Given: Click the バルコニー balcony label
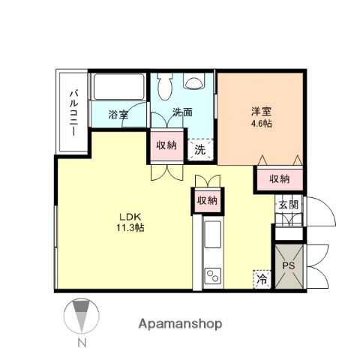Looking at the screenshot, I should [x=74, y=112].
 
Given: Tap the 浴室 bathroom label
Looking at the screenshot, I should [x=118, y=115].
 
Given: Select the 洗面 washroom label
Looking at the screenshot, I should [x=182, y=113].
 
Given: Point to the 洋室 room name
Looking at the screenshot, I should [x=260, y=112].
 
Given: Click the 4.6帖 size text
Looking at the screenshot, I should [x=260, y=123].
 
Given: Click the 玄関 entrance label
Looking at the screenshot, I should [x=288, y=204].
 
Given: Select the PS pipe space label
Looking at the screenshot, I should [x=288, y=266].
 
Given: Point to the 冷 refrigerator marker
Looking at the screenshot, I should [x=262, y=277].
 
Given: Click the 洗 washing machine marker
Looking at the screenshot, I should [x=199, y=148].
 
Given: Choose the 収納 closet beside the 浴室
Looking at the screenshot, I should [x=166, y=145].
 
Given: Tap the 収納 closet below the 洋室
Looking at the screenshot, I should [x=279, y=178].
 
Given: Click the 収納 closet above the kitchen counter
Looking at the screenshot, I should [x=206, y=200].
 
